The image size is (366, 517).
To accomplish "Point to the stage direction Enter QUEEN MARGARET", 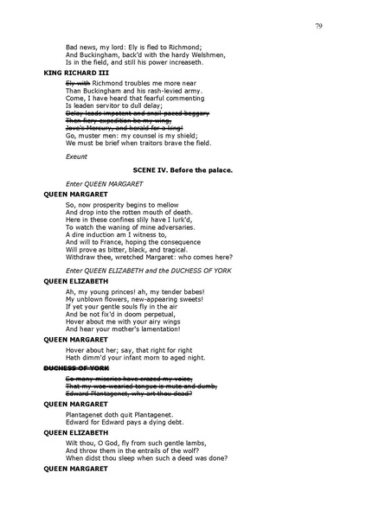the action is tap(105, 184).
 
